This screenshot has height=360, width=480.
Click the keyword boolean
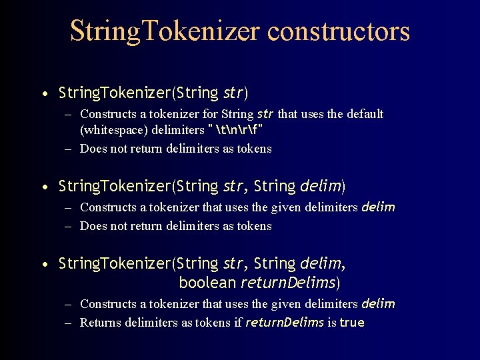tap(207, 283)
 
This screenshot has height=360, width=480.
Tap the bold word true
tap(352, 323)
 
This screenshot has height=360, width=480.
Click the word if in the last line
tap(237, 323)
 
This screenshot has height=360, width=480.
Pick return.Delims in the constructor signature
tap(288, 283)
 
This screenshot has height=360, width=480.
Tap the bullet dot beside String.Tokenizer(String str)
tap(44, 93)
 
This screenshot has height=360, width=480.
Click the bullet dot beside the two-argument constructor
tap(44, 186)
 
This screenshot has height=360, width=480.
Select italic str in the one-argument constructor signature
tap(233, 93)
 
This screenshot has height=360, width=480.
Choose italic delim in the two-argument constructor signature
tap(321, 185)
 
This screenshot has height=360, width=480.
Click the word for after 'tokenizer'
tap(213, 114)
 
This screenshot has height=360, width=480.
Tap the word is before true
tap(331, 323)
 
